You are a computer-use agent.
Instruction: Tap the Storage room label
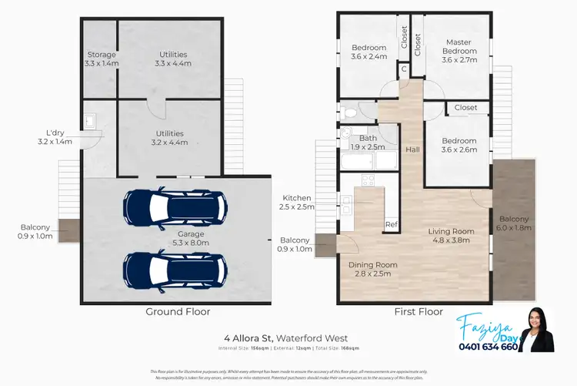click(102, 55)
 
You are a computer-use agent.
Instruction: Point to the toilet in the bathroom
click(350, 112)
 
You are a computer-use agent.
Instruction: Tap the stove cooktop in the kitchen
click(367, 182)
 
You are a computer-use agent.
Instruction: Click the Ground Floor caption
click(177, 312)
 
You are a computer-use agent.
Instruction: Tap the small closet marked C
click(404, 69)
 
